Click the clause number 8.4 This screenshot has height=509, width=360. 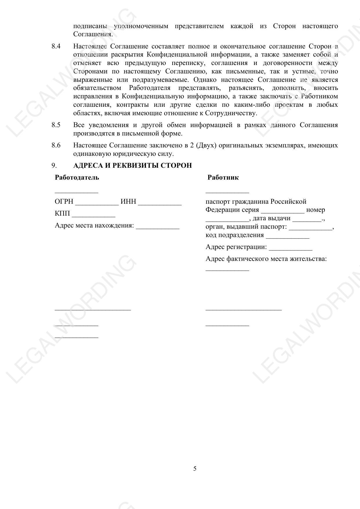pyautogui.click(x=56, y=46)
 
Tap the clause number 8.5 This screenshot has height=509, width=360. pyautogui.click(x=56, y=125)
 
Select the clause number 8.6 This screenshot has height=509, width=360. pyautogui.click(x=56, y=145)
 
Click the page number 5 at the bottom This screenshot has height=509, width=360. pyautogui.click(x=195, y=469)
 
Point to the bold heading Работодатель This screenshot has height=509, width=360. pyautogui.click(x=77, y=178)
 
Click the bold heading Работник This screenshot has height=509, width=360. pyautogui.click(x=223, y=178)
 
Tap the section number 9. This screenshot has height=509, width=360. pyautogui.click(x=54, y=165)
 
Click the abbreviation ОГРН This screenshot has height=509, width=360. pyautogui.click(x=64, y=202)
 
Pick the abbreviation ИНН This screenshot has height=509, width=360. pyautogui.click(x=128, y=202)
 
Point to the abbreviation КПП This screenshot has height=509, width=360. pyautogui.click(x=62, y=214)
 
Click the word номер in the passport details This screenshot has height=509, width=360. pyautogui.click(x=315, y=210)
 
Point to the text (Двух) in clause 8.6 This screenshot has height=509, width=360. pyautogui.click(x=206, y=145)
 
